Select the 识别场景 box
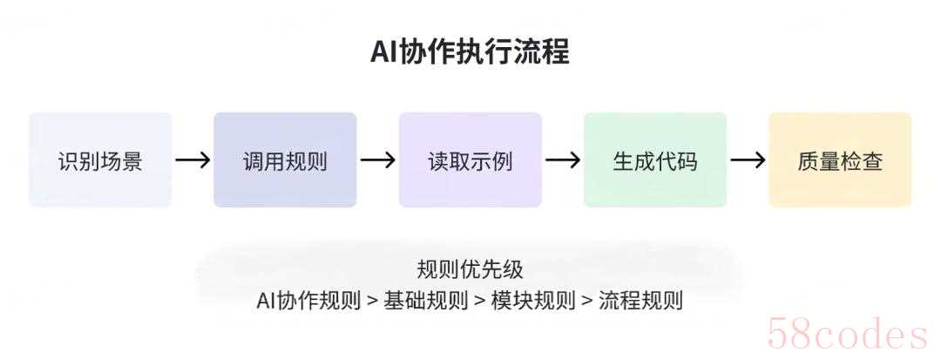(x=100, y=160)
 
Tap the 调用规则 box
(x=285, y=160)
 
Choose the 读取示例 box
(x=470, y=160)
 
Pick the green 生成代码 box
(x=654, y=160)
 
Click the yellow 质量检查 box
(x=840, y=160)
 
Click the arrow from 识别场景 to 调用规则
(x=193, y=160)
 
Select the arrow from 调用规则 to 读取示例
(x=377, y=160)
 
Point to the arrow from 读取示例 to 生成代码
(x=562, y=160)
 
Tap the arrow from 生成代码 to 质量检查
(x=748, y=160)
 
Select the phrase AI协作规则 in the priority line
(x=308, y=301)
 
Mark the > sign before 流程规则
(x=587, y=302)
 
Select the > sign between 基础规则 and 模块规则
(x=479, y=302)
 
